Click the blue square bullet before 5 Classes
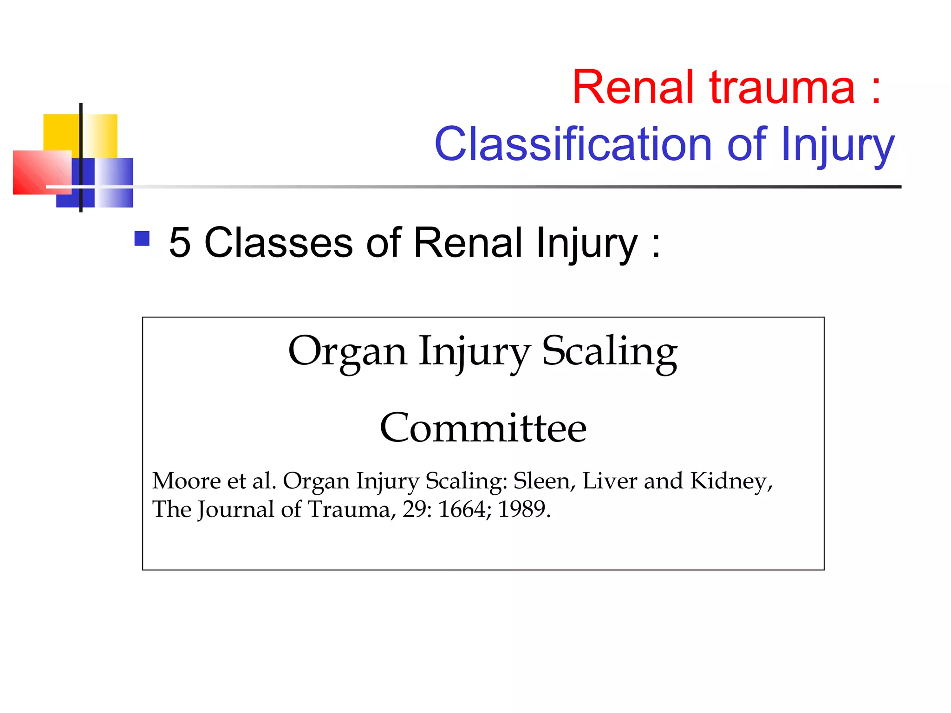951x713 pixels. pos(142,239)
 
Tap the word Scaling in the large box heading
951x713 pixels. pos(609,351)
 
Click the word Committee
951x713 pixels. pos(483,428)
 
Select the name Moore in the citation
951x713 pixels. pos(186,481)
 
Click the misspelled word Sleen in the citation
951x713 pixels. pos(541,481)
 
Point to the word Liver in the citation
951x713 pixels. pos(609,481)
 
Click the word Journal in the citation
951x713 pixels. pos(236,510)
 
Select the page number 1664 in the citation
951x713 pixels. pos(462,510)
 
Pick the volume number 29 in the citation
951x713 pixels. pos(414,510)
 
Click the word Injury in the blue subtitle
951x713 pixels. pos(837,145)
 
